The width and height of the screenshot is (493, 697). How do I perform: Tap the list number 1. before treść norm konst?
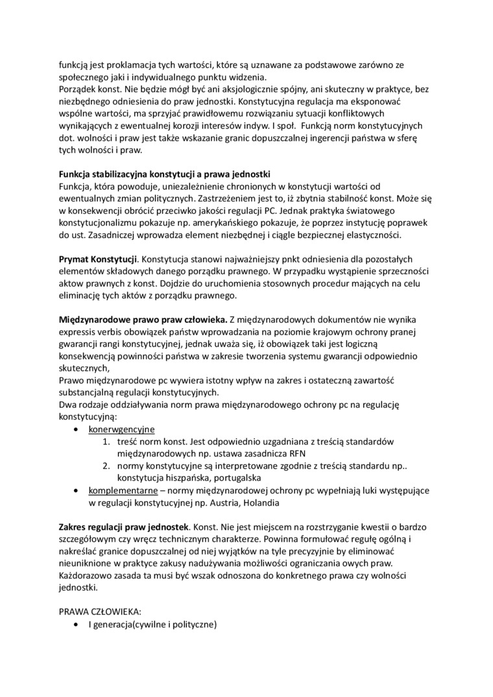tap(106, 442)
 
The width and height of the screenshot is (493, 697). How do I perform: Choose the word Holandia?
tap(296, 502)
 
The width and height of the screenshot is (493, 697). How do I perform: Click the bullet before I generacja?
tap(77, 624)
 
